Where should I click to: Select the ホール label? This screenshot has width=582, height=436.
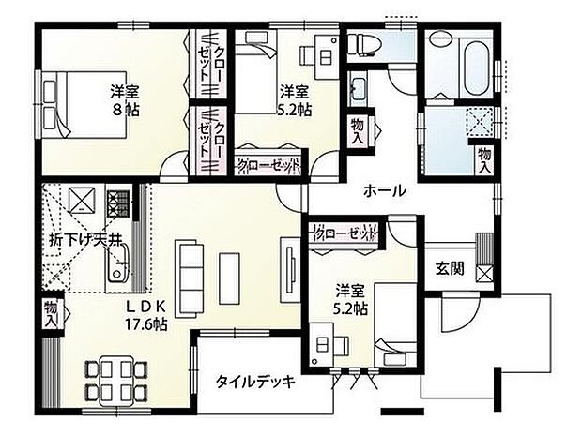(x=384, y=190)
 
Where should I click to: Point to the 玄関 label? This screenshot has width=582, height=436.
(x=449, y=267)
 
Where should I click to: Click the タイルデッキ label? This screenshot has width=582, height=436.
(x=255, y=382)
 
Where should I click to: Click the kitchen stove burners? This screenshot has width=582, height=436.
(x=118, y=200)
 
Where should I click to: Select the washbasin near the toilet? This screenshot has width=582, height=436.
(x=358, y=92)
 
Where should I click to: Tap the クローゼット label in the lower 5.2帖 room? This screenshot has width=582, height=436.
(x=345, y=233)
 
